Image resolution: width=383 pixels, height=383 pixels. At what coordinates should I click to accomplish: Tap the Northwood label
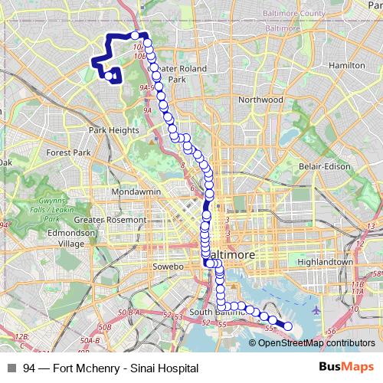coord(260,100)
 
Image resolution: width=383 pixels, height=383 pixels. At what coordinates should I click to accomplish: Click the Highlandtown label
coord(327,261)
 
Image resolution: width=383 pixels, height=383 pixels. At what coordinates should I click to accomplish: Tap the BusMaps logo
coord(345,368)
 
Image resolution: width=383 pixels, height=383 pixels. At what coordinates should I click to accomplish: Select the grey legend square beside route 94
coord(11,368)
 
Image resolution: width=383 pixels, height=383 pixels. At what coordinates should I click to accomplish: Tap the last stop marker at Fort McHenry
coord(288,327)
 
